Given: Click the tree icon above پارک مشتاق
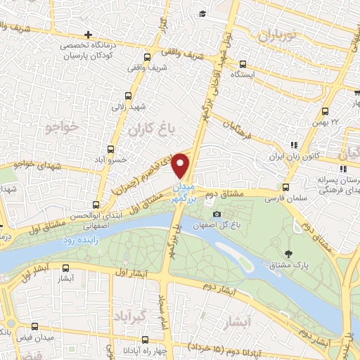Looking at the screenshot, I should [x=288, y=253].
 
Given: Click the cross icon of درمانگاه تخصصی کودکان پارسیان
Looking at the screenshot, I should [x=88, y=34].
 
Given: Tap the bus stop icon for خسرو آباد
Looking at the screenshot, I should [x=110, y=149].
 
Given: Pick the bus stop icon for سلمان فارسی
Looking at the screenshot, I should [x=285, y=187].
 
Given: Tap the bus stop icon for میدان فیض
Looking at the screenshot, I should [x=37, y=327].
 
